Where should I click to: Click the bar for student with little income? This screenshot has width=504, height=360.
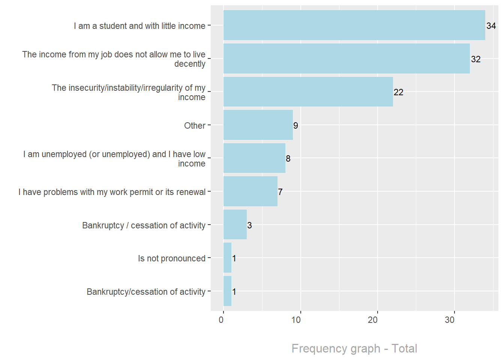point(354,25)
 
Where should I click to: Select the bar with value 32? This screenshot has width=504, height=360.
point(346,58)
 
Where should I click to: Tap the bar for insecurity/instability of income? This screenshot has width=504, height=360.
point(308,92)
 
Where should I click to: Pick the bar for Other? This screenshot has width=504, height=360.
point(258,125)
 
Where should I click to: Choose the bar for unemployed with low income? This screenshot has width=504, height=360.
point(254,158)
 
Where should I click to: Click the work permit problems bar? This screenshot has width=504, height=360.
point(250,191)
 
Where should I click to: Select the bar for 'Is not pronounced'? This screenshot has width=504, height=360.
point(227,258)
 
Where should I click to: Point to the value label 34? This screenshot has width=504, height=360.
point(491,26)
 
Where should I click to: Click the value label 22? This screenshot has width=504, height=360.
point(398,92)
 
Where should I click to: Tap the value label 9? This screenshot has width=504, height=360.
point(295,126)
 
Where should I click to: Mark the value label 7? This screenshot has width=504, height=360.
point(280,192)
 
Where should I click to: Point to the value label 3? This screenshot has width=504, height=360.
point(249,225)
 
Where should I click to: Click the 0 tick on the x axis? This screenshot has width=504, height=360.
point(221,320)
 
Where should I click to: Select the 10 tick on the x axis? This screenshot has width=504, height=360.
point(296,320)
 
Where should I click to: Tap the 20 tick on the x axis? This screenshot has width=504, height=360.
point(373,320)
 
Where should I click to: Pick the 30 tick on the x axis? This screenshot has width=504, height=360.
point(450,320)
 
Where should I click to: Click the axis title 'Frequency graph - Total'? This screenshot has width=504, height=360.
point(354,348)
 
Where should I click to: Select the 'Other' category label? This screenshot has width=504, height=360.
point(195,126)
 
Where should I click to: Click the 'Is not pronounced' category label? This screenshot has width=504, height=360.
point(171,258)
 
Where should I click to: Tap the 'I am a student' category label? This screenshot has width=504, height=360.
point(139,26)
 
